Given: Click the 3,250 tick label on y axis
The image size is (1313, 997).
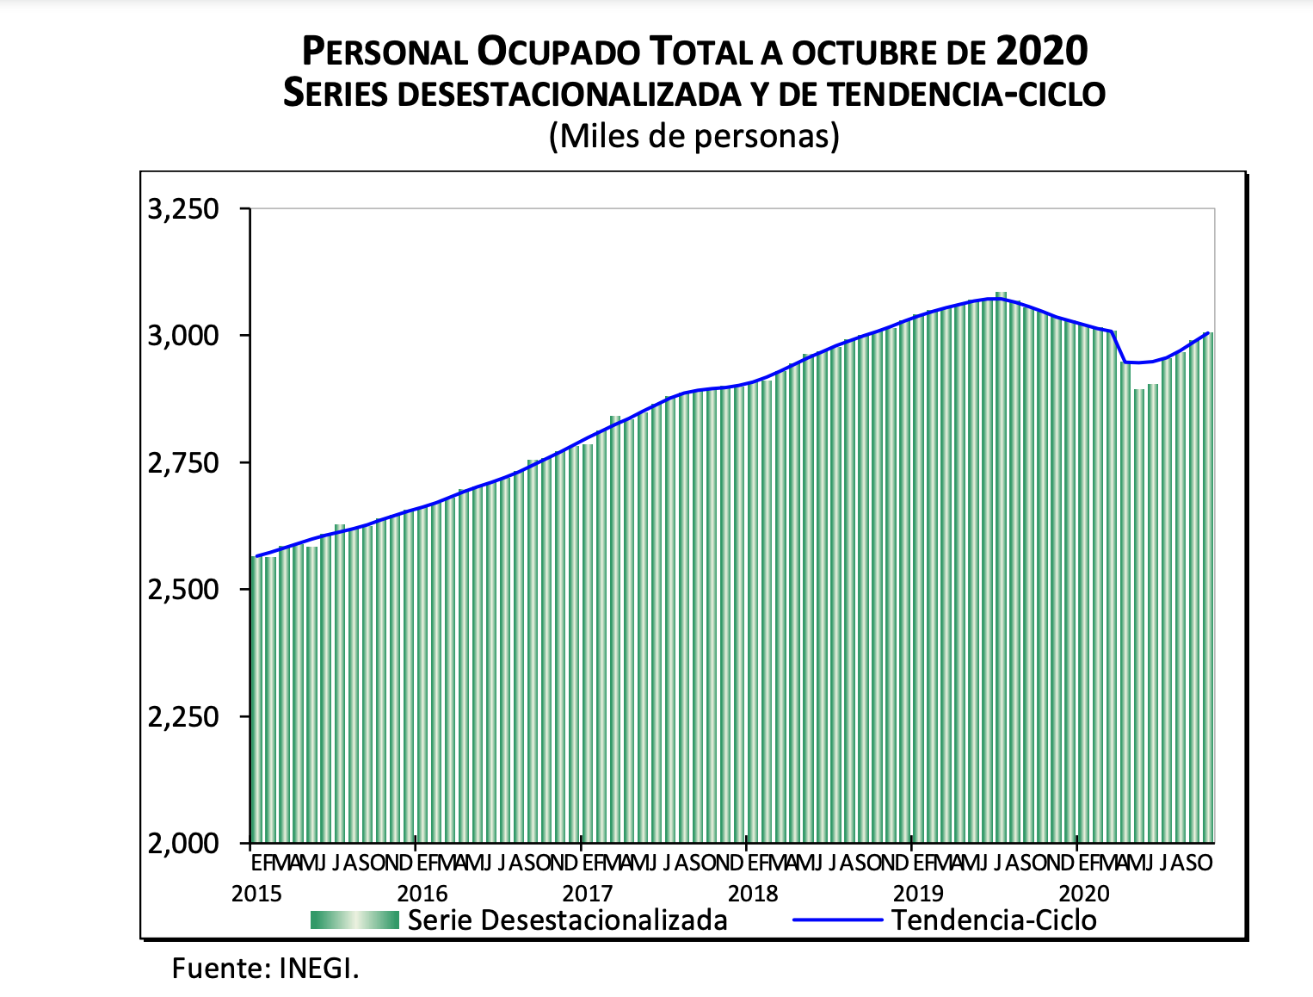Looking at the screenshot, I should point(183,209).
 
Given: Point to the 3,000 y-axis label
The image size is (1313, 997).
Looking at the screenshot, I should point(183,336).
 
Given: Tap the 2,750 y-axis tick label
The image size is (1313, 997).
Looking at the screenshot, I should point(183,463).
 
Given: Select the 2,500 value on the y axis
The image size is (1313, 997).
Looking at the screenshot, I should point(183,590).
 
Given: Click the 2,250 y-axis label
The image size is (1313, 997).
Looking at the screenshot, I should point(183,716).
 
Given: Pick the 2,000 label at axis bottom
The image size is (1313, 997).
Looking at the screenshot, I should point(183,844).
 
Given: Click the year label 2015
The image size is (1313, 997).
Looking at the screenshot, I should point(256,894).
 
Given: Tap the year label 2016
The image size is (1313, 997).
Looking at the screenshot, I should point(422,894).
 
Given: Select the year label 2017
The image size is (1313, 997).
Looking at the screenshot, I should point(588,894).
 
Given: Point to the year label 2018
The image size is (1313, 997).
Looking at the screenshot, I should point(753,894).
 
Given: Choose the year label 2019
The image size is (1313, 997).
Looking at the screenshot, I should point(918,894).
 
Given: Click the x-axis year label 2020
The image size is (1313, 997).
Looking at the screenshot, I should point(1084,894).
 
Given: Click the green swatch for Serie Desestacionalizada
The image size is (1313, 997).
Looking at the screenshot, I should point(354,920).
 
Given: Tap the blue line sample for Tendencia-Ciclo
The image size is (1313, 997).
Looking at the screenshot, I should point(837,920).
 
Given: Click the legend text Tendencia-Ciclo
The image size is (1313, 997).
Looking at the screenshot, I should point(994,920).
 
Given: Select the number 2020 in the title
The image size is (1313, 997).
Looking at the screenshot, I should point(1042,51).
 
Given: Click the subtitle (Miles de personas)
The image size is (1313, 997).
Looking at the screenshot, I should point(693,135).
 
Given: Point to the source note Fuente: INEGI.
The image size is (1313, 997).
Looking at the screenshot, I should point(265,969).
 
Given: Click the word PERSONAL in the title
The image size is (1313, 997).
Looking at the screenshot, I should point(384,53).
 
